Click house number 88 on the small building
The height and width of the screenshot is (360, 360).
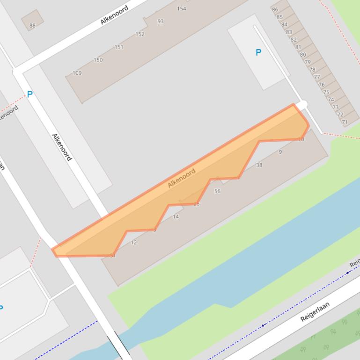point(32,25)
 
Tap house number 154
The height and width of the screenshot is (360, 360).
point(182,8)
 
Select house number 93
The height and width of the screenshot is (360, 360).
point(161,21)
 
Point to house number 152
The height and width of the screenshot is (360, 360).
point(140,34)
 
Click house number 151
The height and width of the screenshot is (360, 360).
point(119,47)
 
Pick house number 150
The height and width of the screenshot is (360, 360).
point(98,60)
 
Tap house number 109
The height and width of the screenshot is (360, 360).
point(77,73)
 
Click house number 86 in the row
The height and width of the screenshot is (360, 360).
point(275,9)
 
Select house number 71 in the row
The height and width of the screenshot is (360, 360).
point(345,122)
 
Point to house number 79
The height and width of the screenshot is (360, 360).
point(308,62)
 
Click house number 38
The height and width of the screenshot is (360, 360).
point(259,165)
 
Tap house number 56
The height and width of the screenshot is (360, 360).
point(217,191)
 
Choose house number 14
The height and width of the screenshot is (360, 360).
point(176,216)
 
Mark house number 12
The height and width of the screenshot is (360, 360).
point(134,242)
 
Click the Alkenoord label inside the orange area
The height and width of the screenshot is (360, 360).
point(182,178)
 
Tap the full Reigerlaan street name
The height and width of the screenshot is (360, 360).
point(315,312)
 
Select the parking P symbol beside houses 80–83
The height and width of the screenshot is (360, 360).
point(258,52)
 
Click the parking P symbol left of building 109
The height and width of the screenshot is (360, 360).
point(29,94)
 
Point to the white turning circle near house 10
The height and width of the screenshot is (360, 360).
point(303,104)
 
